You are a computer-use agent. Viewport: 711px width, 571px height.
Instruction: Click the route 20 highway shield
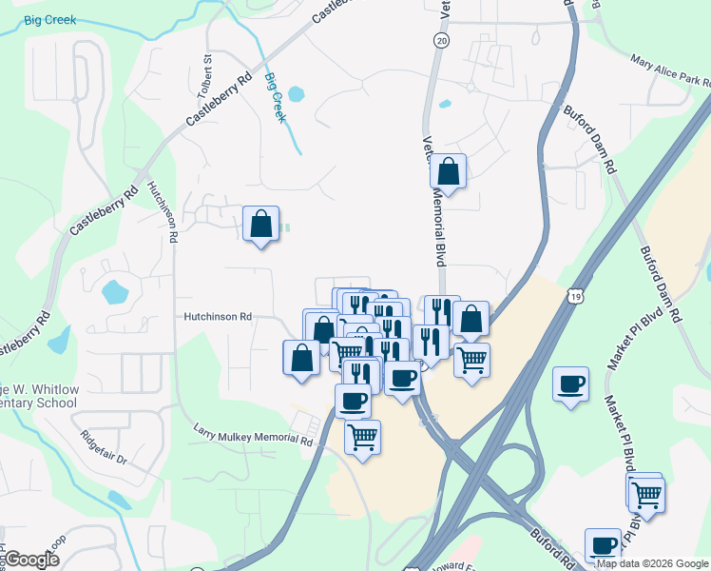(440, 40)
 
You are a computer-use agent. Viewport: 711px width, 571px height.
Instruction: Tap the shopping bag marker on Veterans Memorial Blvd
(449, 171)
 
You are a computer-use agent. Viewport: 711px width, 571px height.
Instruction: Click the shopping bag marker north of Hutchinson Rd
(260, 225)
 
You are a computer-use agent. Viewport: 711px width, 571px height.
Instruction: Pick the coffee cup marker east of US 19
(570, 384)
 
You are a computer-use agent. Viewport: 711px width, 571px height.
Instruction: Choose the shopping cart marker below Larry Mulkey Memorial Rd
(362, 437)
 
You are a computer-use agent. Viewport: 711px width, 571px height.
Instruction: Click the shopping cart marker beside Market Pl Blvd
(646, 495)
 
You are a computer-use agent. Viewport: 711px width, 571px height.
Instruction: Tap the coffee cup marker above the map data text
(603, 545)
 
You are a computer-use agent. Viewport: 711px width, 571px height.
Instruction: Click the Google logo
(30, 560)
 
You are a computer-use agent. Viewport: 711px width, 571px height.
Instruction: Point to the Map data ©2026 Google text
(651, 563)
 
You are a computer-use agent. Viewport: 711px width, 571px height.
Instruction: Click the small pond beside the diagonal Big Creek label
(296, 94)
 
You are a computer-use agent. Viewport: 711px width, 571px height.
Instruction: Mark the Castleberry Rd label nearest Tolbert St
(219, 98)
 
